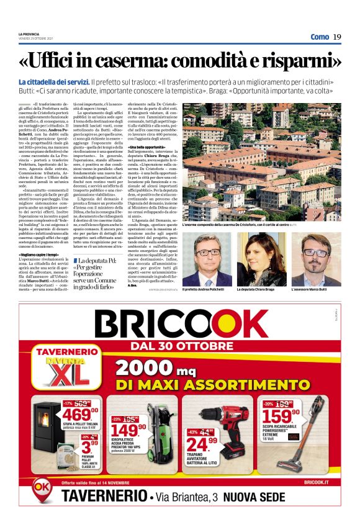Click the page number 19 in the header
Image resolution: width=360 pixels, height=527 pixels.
(337, 37)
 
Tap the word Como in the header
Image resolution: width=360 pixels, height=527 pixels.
(320, 37)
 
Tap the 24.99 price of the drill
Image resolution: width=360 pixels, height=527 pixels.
(203, 444)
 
